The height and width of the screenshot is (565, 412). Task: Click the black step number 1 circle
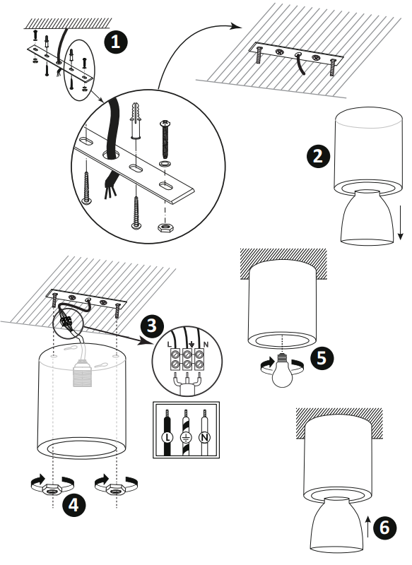(x=116, y=42)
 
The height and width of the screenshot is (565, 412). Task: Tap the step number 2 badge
(x=318, y=156)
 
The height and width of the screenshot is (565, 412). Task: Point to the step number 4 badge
(x=73, y=504)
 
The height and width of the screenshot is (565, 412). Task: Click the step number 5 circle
(x=322, y=358)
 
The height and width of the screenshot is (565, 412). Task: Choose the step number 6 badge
(x=384, y=528)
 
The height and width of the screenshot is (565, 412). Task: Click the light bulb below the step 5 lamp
(x=282, y=371)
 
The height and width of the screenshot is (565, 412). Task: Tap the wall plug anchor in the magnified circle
(x=135, y=121)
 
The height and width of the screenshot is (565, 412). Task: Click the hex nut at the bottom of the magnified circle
(x=165, y=227)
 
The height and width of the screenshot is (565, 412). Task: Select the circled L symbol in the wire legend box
(x=167, y=437)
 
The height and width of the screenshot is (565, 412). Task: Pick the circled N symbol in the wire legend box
(x=204, y=437)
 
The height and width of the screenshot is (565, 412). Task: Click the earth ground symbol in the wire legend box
(x=186, y=437)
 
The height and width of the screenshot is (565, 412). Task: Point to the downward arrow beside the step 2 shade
(x=400, y=222)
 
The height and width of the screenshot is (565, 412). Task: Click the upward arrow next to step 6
(x=367, y=526)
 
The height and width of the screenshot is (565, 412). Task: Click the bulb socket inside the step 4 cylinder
(x=83, y=374)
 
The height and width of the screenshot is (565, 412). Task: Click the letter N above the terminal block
(x=206, y=345)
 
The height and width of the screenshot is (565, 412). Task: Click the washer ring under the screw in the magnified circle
(x=165, y=164)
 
